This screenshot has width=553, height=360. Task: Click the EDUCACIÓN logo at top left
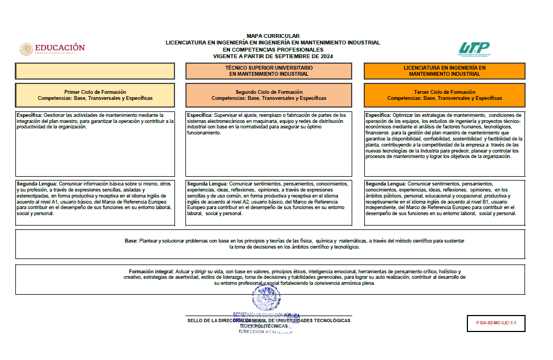pos(53,49)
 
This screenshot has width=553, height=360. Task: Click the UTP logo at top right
pos(474,49)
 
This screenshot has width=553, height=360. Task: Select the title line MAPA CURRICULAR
pos(273,36)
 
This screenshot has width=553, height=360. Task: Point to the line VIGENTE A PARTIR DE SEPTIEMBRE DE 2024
pos(273,57)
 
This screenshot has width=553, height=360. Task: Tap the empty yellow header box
pos(95,71)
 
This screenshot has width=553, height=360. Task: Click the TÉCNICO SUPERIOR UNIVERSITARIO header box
pos(269,71)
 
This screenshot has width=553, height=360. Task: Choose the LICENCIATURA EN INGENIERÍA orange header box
pos(444,71)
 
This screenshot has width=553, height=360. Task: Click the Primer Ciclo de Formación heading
pos(95,92)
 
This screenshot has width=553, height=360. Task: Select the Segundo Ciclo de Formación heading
pos(269,92)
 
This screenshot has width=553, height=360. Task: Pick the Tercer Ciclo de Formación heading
pos(444,92)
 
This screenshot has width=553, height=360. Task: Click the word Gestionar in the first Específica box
pos(55,115)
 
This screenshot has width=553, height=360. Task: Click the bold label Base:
pos(131,241)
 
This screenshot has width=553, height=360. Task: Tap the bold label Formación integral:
pos(151,272)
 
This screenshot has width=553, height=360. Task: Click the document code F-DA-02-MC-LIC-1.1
pos(493,323)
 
